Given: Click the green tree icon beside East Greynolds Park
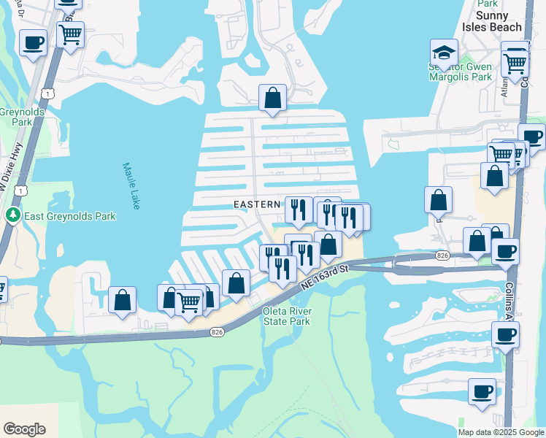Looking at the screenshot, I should pos(12,215).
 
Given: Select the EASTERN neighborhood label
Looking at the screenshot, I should pos(257,205).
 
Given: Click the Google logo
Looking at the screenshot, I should pos(24,429).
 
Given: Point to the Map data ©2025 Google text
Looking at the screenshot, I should pos(501,432).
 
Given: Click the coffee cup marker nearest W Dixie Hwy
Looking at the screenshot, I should pos(33,43).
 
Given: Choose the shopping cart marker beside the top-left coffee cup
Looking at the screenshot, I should pos(70,34).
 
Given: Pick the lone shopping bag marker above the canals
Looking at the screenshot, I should pos(272,98).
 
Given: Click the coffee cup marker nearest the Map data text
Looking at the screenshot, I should pos(482,391).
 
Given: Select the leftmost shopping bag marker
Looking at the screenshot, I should pos(123,300).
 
